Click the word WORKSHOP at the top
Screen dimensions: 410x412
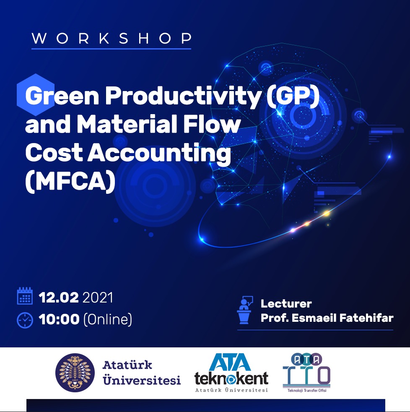pyautogui.click(x=111, y=38)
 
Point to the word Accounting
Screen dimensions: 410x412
pyautogui.click(x=159, y=154)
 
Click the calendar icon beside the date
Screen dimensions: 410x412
pyautogui.click(x=25, y=296)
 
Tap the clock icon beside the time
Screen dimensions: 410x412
pyautogui.click(x=25, y=320)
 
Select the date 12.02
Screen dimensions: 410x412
pyautogui.click(x=59, y=298)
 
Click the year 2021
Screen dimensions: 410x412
pyautogui.click(x=98, y=298)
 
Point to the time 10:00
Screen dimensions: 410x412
pyautogui.click(x=59, y=320)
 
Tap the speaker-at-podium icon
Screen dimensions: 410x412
pyautogui.click(x=245, y=310)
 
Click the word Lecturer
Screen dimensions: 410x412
pyautogui.click(x=286, y=304)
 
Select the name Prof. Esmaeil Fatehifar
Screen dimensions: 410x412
pyautogui.click(x=327, y=318)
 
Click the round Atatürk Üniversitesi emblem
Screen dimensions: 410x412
pyautogui.click(x=75, y=373)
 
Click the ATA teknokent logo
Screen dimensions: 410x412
pyautogui.click(x=231, y=373)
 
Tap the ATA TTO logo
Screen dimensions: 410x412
pyautogui.click(x=306, y=370)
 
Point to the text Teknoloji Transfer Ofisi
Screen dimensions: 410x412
pyautogui.click(x=306, y=391)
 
